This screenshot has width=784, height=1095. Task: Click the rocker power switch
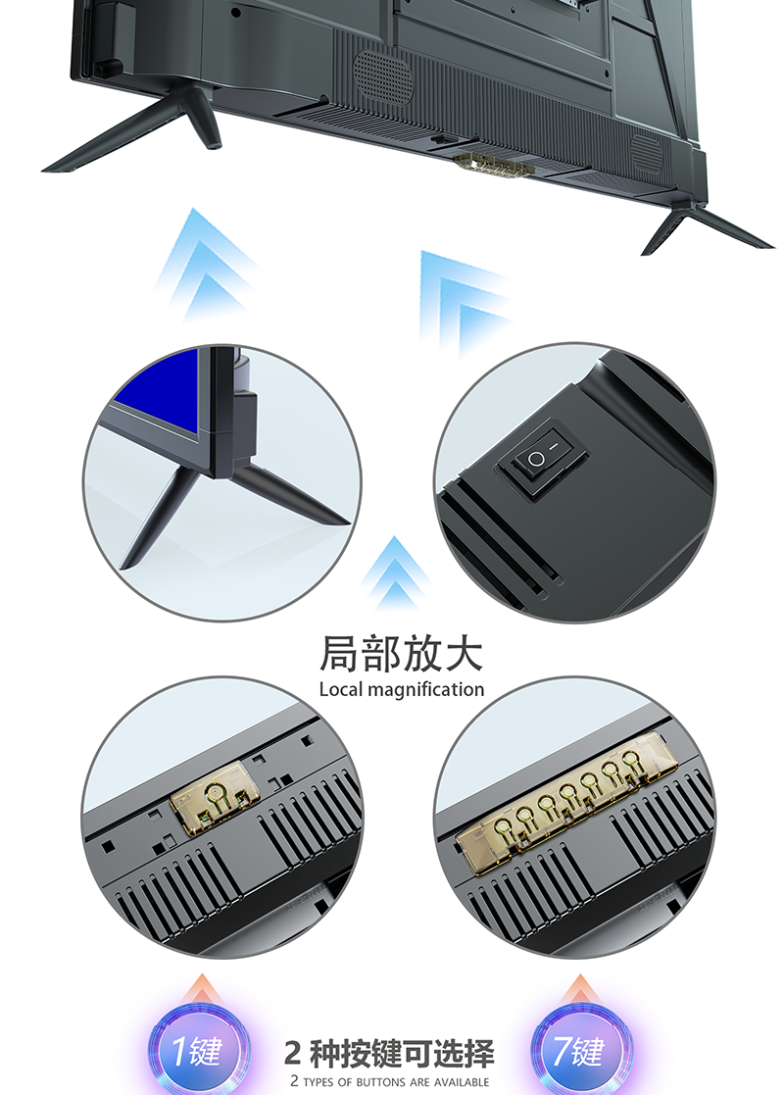542,458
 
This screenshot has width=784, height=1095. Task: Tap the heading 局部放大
401,654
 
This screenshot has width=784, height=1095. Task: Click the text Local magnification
402,689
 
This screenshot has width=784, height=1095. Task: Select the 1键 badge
200,1050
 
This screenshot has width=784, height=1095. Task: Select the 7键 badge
581,1050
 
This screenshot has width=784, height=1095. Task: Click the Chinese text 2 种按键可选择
389,1053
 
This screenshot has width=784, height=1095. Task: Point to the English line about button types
390,1081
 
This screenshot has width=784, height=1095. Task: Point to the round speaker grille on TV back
382,76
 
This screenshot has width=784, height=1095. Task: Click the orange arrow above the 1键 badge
203,989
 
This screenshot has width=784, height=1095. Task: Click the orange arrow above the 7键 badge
579,989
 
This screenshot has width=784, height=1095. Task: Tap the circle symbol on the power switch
535,459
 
